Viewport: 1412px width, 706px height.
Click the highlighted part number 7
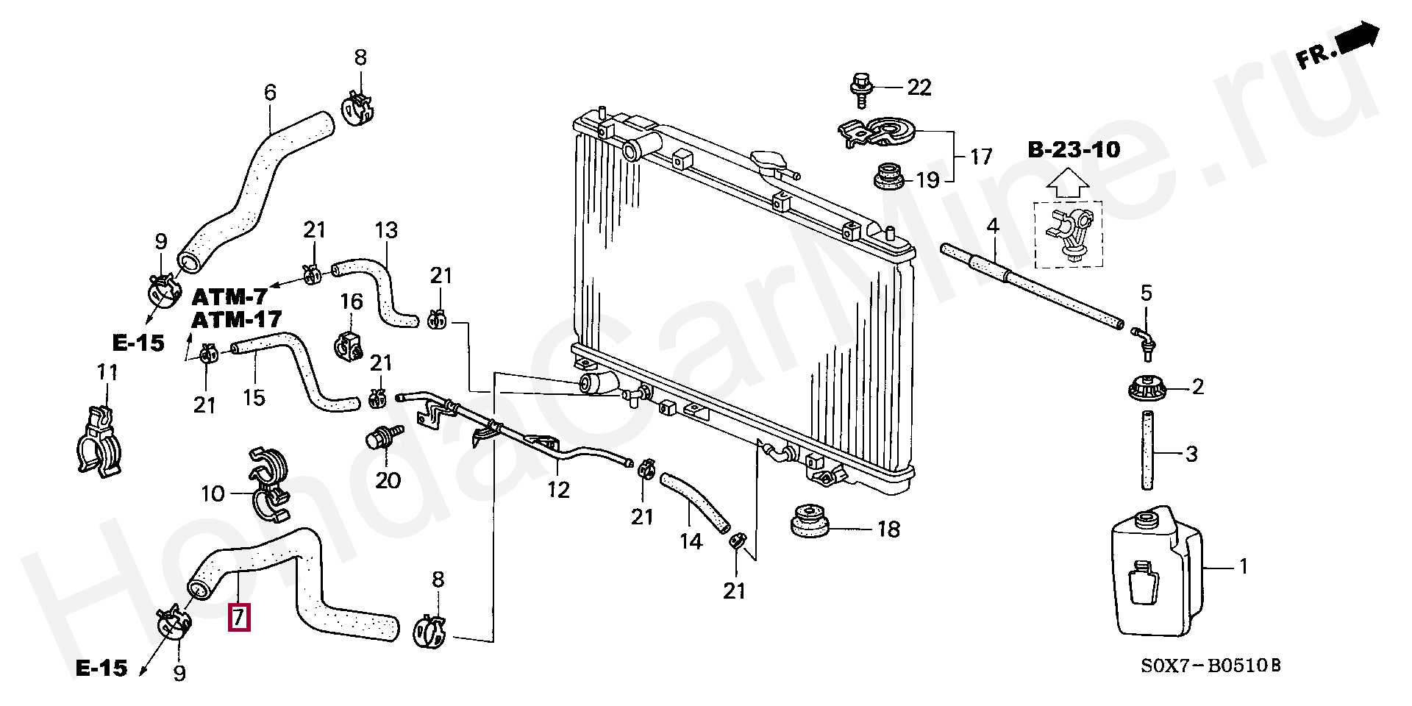pos(240,616)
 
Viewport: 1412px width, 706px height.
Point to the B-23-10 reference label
pos(1074,150)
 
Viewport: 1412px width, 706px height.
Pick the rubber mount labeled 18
pos(809,521)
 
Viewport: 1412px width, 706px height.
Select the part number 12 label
pos(558,490)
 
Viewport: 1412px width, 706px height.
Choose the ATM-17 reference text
pos(236,319)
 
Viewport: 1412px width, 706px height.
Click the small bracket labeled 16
pos(350,344)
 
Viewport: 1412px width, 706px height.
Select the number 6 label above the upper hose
pos(270,93)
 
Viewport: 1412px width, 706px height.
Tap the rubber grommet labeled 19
pos(887,179)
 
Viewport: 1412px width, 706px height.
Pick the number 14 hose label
pos(691,541)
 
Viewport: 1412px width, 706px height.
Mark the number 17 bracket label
pos(981,157)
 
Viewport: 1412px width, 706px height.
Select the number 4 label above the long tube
pos(993,226)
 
